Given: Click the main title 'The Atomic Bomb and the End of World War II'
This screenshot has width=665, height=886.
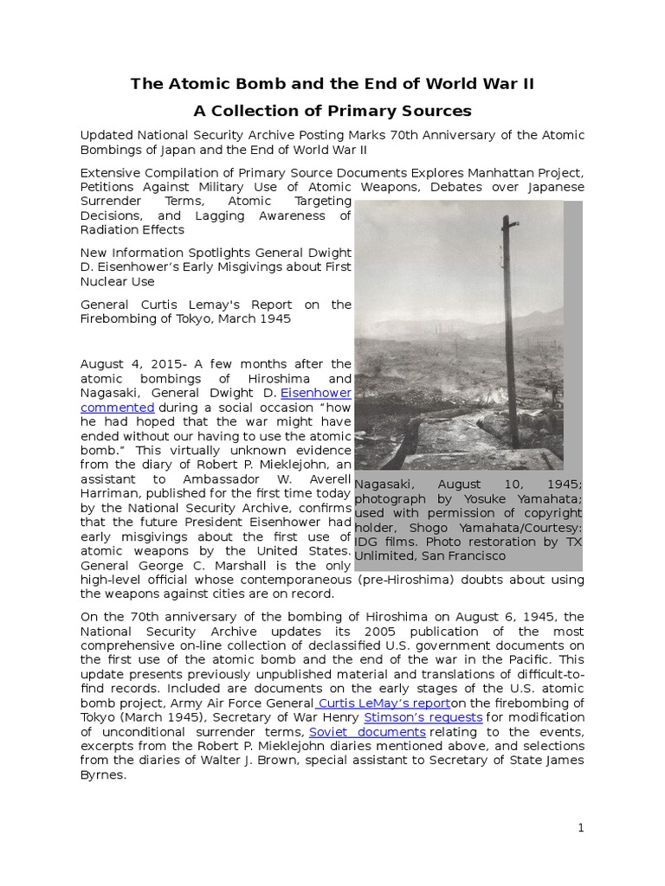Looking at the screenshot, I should click(332, 84).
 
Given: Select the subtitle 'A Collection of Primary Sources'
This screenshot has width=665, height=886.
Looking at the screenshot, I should click(332, 111).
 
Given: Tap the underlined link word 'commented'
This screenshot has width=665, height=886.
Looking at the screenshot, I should click(118, 407).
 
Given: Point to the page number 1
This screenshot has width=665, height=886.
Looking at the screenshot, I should click(581, 828).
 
